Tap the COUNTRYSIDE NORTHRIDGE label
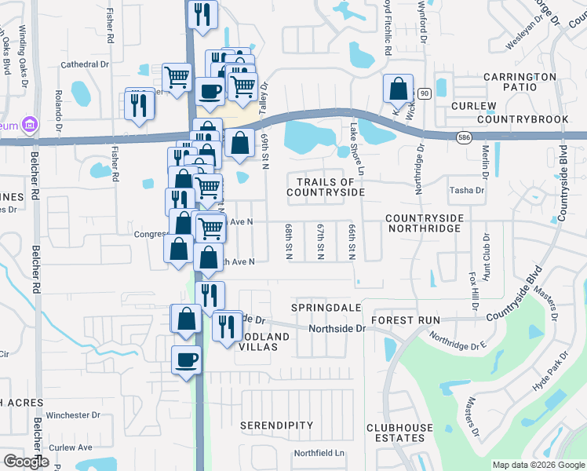click(424, 222)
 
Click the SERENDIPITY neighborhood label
click(277, 425)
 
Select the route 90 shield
click(424, 93)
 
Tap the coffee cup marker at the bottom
click(187, 360)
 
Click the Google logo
click(26, 462)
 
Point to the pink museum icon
click(29, 124)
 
